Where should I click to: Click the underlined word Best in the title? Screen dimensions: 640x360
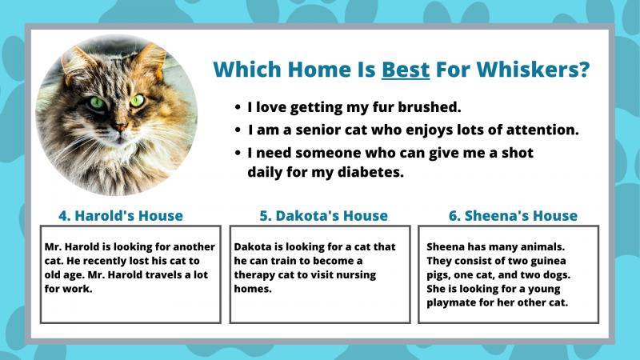pos(406,69)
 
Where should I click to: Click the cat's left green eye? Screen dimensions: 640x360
pos(97,103)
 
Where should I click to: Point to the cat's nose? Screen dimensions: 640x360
pos(120,128)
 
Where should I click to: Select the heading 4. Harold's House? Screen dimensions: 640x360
pos(121,215)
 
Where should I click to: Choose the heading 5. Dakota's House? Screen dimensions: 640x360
pos(324,215)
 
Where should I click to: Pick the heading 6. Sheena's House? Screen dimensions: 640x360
pos(513,215)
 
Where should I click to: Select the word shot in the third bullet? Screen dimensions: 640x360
pos(517,153)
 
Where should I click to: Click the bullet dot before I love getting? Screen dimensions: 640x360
pos(238,107)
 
